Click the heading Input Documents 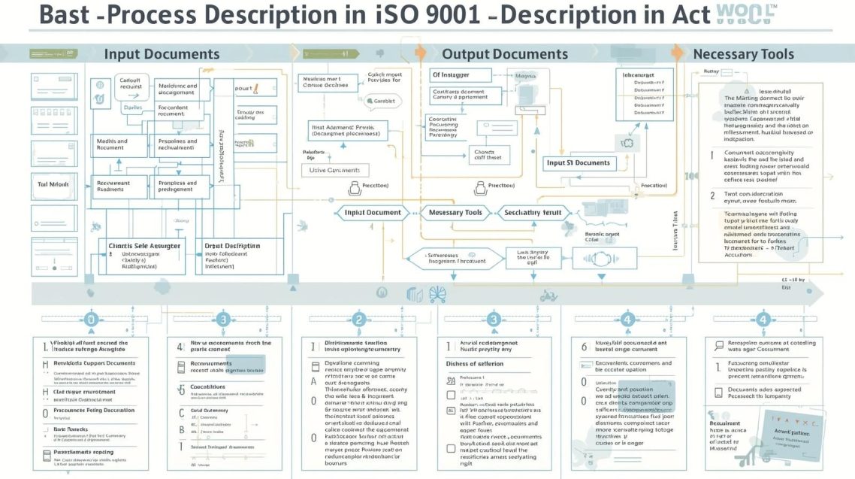162,53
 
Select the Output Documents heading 504,53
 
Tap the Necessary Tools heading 743,53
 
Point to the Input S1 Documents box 580,163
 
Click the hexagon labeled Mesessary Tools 455,213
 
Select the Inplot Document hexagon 373,213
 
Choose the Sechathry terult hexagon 533,213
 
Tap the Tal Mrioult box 53,183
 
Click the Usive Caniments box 339,171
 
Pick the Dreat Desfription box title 232,245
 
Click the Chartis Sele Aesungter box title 145,245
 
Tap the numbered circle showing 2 359,320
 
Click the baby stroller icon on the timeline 437,293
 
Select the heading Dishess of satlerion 475,363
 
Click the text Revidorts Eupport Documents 95,363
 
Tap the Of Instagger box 461,75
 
